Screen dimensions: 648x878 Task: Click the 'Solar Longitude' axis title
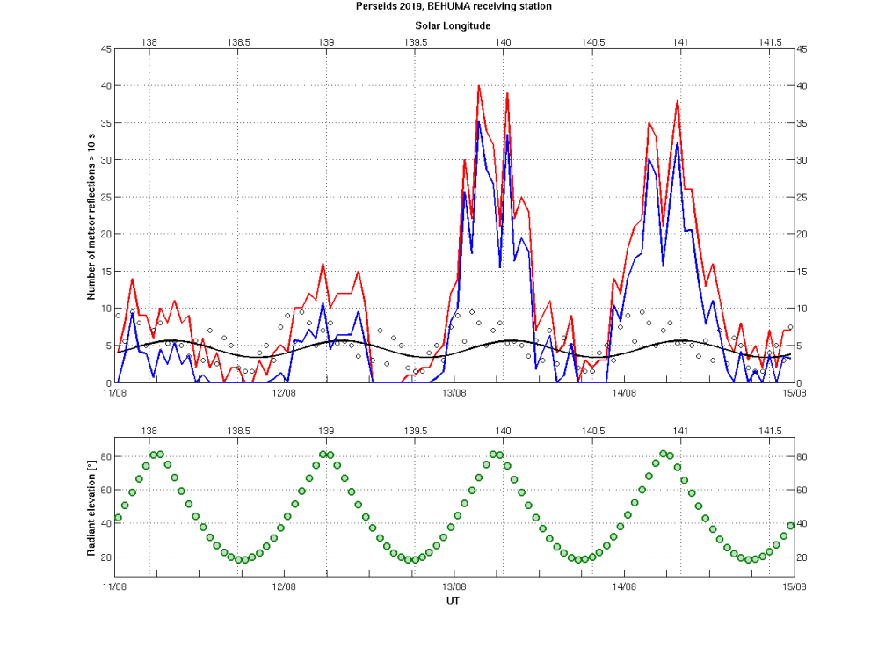[x=453, y=26]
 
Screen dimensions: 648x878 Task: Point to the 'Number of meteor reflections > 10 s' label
[x=91, y=215]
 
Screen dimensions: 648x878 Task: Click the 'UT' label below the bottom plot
[x=453, y=601]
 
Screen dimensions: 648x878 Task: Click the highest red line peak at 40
[x=478, y=86]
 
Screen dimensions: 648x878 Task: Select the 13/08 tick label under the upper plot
[x=454, y=393]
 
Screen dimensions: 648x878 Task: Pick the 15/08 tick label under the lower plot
[x=795, y=586]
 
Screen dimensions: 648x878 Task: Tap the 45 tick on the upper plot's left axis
[x=105, y=49]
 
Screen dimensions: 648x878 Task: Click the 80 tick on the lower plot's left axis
[x=105, y=456]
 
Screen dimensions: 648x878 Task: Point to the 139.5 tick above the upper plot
[x=415, y=41]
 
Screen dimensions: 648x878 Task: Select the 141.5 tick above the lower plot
[x=770, y=431]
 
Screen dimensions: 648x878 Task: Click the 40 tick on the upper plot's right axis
[x=802, y=86]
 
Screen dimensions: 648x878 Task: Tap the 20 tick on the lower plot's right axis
[x=802, y=557]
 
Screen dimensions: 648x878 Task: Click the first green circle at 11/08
[x=118, y=518]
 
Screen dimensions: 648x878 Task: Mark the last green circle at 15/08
[x=790, y=525]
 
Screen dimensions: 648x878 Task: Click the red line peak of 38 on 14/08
[x=678, y=101]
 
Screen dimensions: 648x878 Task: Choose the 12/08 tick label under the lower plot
[x=284, y=586]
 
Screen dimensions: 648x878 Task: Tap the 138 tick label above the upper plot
[x=149, y=41]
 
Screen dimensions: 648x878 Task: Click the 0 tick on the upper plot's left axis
[x=108, y=383]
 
